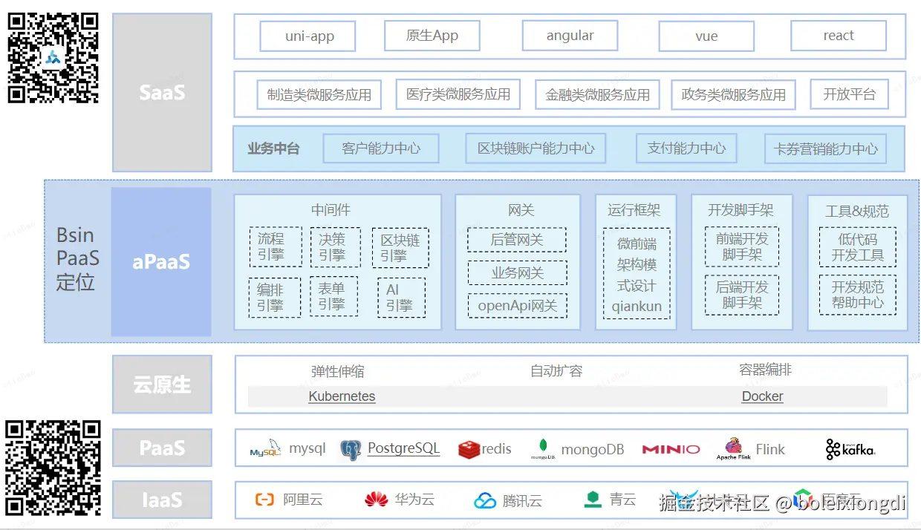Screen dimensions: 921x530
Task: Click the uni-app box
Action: coord(307,36)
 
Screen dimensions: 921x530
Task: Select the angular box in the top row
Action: coord(570,36)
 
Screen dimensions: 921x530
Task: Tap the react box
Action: coord(838,36)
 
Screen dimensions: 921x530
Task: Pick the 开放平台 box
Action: coord(849,94)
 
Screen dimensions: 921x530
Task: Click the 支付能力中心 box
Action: coord(686,148)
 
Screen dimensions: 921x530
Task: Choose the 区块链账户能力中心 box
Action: coord(536,148)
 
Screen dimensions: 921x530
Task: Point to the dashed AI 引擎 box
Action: coord(401,298)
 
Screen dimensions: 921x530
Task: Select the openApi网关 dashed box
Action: coord(517,306)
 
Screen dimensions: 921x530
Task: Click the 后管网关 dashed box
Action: coord(517,240)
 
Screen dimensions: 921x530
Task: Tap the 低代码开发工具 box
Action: coord(858,247)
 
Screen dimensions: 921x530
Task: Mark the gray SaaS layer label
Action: coord(162,93)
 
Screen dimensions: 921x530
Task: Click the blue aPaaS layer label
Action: coord(161,262)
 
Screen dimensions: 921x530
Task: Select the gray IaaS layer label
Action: coord(162,500)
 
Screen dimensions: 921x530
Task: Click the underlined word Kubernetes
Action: coord(342,396)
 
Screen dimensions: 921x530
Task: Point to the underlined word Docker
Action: coord(762,396)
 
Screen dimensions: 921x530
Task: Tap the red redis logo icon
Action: coord(469,449)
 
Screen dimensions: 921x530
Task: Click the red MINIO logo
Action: coord(671,449)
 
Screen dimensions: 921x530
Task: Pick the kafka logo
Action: coord(850,449)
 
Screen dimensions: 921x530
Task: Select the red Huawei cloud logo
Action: coord(377,500)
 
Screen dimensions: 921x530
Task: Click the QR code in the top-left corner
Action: coord(53,57)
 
